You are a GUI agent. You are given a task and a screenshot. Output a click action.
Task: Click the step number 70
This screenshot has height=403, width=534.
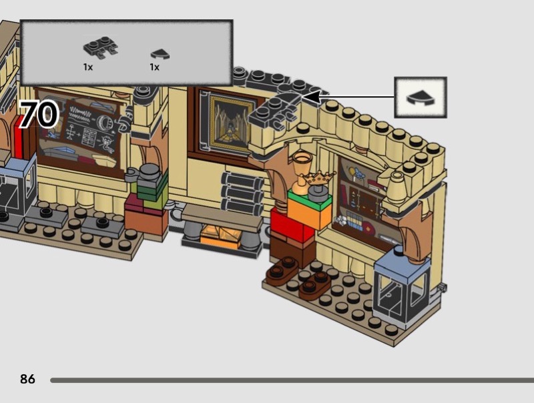(38, 115)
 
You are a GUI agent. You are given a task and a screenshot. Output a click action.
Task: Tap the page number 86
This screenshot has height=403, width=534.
(27, 380)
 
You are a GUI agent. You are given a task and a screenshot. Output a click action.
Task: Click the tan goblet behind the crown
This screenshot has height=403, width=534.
(301, 162)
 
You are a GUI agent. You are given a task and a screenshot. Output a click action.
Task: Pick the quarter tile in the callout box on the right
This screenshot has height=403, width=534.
(420, 98)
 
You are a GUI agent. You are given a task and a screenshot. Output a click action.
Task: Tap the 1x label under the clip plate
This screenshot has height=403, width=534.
(88, 67)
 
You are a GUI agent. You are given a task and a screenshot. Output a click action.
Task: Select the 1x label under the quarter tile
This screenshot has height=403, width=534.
(154, 67)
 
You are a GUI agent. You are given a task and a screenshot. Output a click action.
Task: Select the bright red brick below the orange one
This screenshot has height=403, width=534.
(292, 226)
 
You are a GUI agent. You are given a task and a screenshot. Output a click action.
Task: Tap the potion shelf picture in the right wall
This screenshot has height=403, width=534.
(360, 197)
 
